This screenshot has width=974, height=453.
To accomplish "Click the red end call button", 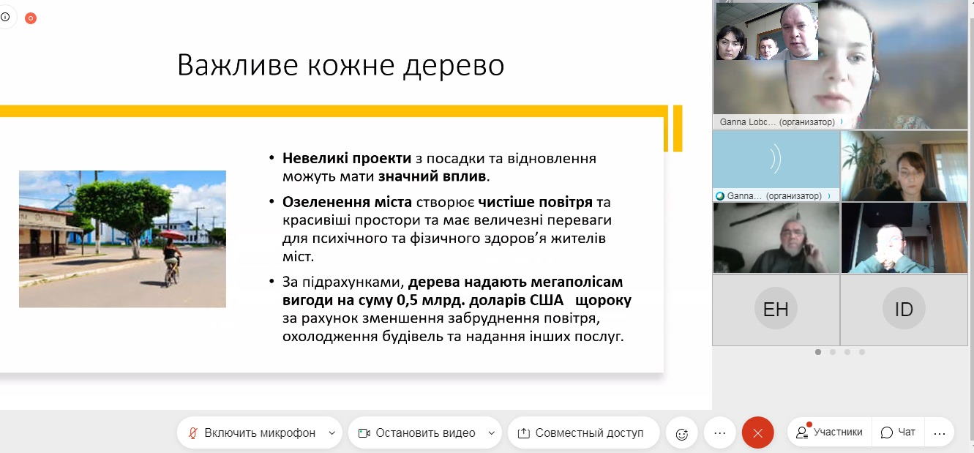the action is click(757, 433).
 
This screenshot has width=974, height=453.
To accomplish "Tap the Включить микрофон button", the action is click(260, 433).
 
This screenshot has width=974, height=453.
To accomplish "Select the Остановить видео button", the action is click(425, 433).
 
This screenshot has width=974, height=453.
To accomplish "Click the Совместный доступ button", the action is click(583, 433).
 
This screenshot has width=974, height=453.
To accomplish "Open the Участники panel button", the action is click(830, 432).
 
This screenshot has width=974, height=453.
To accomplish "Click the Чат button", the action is click(898, 432).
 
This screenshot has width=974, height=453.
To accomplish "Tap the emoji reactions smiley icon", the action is click(682, 433).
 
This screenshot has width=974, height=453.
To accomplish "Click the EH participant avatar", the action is click(776, 309).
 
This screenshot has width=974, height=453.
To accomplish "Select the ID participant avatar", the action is click(904, 309).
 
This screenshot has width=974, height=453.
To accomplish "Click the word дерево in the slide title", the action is click(454, 66).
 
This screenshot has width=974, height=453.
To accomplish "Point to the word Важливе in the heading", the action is click(238, 65).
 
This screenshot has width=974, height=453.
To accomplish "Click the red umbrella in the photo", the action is click(173, 235).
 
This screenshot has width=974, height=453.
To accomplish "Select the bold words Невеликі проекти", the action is click(347, 158).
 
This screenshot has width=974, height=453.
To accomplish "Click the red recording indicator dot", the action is click(31, 18).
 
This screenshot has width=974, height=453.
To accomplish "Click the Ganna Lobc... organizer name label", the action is click(777, 122).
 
